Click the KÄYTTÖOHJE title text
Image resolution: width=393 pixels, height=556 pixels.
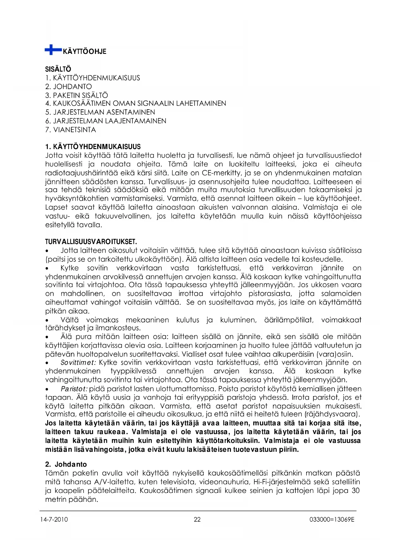(85, 51)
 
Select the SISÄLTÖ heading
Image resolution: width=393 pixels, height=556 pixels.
(58, 69)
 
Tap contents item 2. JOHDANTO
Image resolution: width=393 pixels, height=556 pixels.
(68, 87)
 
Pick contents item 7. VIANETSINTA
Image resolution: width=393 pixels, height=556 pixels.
(70, 130)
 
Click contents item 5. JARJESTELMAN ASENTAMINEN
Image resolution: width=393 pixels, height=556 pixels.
(100, 112)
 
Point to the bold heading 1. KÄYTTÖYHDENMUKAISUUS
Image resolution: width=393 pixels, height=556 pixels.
(93, 147)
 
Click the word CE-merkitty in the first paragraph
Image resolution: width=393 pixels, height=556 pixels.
(221, 173)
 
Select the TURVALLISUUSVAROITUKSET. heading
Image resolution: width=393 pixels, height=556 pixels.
(91, 242)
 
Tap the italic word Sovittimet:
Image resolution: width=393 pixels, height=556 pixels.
(79, 363)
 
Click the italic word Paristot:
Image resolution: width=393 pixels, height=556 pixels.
(74, 389)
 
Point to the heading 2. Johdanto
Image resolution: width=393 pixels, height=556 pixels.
(66, 464)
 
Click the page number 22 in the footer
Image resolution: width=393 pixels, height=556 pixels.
(197, 520)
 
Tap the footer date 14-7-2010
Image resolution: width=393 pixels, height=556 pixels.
(54, 520)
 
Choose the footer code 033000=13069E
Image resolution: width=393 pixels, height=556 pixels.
(332, 520)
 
